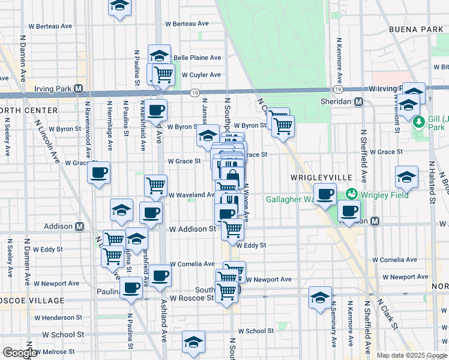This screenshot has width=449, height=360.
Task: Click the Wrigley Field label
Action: [x=384, y=194]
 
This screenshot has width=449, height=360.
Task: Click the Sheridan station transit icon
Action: [x=358, y=101]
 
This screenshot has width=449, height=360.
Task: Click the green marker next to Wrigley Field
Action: [x=351, y=194]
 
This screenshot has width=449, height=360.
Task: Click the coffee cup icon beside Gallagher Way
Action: [x=325, y=194]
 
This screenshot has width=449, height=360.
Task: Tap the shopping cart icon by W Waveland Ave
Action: [x=156, y=185]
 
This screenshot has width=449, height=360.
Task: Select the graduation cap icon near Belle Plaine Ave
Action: [x=159, y=56]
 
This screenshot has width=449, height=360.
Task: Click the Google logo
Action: [x=20, y=353]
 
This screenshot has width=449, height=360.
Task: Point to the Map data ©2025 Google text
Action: [x=411, y=355]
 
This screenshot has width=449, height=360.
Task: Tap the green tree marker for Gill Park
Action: [x=418, y=122]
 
